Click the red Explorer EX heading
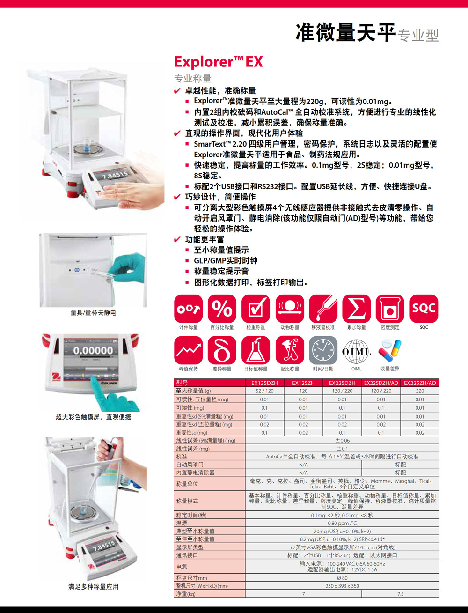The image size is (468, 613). tap(218, 62)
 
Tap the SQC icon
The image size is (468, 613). tap(424, 309)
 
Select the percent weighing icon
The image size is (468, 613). tap(222, 309)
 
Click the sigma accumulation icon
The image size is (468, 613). tap(356, 309)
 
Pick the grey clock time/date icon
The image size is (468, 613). tap(323, 350)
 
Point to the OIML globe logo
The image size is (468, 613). tap(356, 351)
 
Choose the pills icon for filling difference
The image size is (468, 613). tap(389, 350)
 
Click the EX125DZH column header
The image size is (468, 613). tap(264, 383)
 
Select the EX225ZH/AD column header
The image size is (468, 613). tap(420, 383)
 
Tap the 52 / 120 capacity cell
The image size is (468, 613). tap(264, 391)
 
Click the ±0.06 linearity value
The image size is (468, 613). tap(343, 440)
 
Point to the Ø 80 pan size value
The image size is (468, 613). tap(342, 578)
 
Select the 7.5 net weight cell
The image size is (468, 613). tap(400, 594)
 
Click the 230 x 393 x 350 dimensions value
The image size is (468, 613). tap(342, 586)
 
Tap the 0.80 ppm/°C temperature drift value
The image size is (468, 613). tap(342, 523)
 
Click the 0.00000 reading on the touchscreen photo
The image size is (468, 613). tap(93, 350)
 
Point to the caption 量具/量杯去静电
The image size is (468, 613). tap(93, 312)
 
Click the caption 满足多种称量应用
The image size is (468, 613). tap(93, 587)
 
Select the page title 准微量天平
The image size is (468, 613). tap(346, 33)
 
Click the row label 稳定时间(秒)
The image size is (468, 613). tap(191, 515)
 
